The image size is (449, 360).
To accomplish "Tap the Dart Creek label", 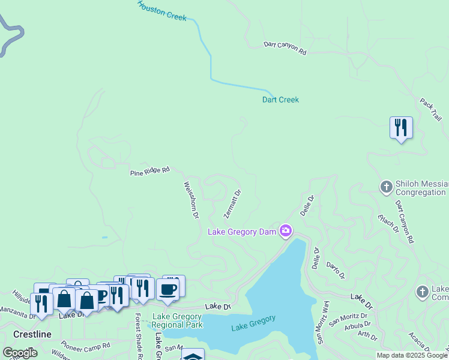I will pos(280,100).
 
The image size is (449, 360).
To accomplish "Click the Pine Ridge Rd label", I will pos(150,172).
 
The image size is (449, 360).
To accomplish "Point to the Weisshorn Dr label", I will pos(191,200).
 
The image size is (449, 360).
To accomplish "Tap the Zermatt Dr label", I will pos(232,204).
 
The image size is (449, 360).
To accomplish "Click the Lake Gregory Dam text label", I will pos(242,232).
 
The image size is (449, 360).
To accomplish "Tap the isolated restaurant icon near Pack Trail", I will pos(400,128).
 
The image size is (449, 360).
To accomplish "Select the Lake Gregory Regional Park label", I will pos(177,320).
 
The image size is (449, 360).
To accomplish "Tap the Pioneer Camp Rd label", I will pos(86,346).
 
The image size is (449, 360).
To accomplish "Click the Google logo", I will pos(20,353).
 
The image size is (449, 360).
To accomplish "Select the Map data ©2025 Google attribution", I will pos(411,355).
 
